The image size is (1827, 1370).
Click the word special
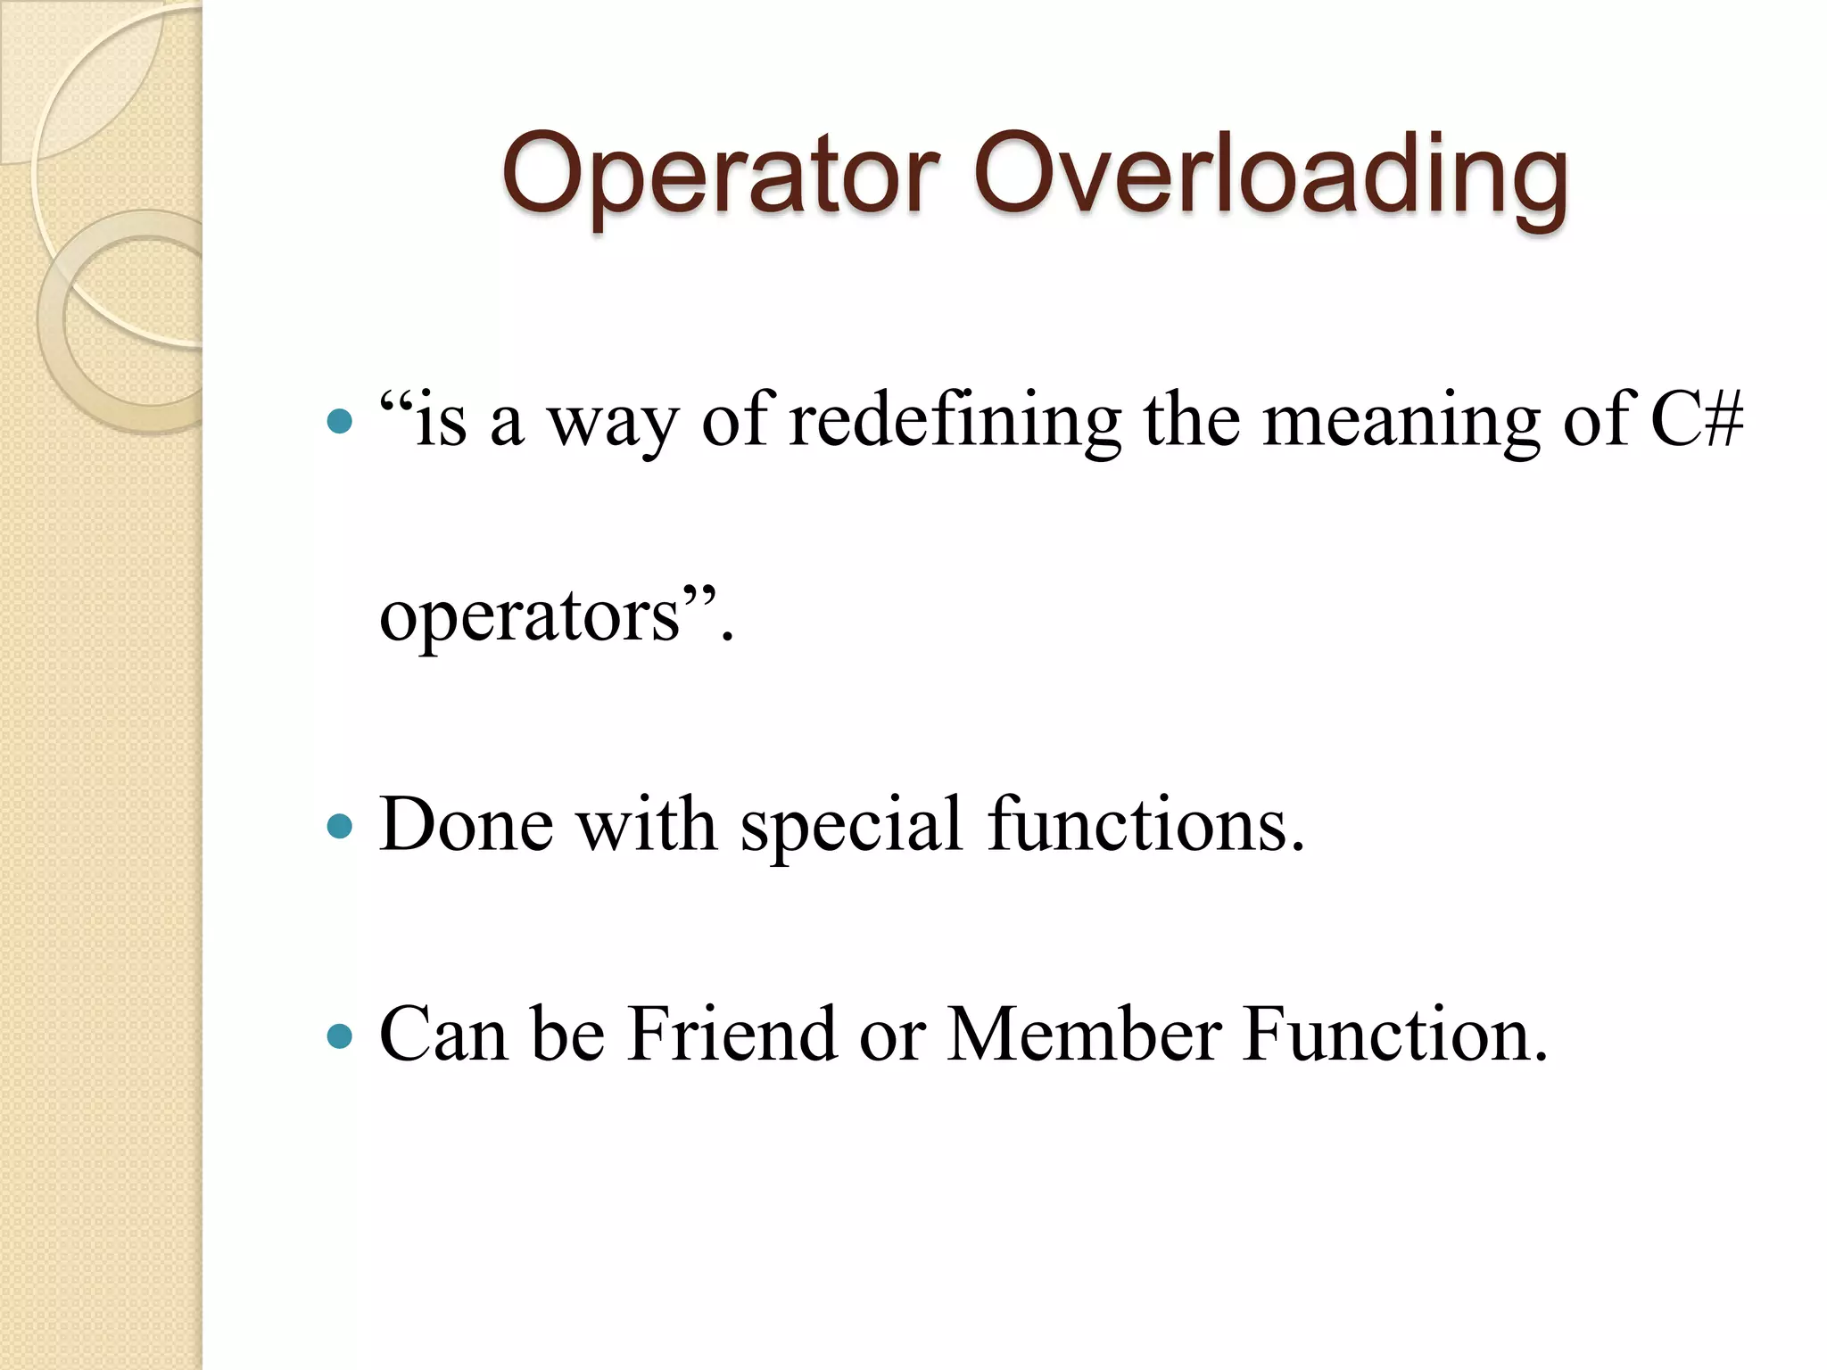point(852,826)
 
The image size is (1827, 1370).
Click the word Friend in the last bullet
point(732,1035)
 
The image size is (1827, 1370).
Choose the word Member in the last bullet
point(1084,1035)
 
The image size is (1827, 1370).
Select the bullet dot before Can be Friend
point(340,1037)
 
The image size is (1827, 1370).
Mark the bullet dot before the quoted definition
point(340,421)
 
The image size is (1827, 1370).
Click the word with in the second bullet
point(646,824)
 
